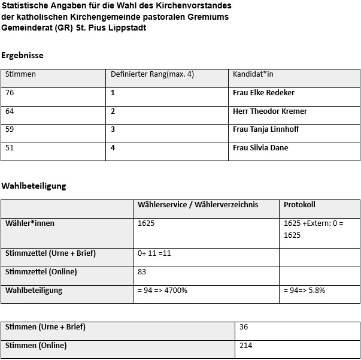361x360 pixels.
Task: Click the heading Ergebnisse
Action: coord(22,55)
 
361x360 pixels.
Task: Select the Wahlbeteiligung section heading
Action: coord(34,186)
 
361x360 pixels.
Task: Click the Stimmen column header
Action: coord(20,74)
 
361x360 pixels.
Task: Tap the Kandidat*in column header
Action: coord(253,74)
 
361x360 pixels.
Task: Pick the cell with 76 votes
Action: coord(10,93)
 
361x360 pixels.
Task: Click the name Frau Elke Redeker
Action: coord(263,93)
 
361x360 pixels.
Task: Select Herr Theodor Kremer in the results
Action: coord(269,111)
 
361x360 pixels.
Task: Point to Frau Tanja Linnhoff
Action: coord(266,129)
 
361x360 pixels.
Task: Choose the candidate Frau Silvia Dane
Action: coord(260,148)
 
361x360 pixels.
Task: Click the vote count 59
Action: coord(10,129)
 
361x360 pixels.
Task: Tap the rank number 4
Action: coord(113,148)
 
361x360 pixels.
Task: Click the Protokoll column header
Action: coord(299,204)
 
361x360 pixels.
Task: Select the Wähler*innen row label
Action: coord(30,223)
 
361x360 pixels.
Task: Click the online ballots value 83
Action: coord(142,272)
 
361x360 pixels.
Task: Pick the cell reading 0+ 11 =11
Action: coord(154,253)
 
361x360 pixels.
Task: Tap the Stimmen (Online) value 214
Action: coord(245,346)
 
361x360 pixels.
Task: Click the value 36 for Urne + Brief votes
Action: coord(243,327)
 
